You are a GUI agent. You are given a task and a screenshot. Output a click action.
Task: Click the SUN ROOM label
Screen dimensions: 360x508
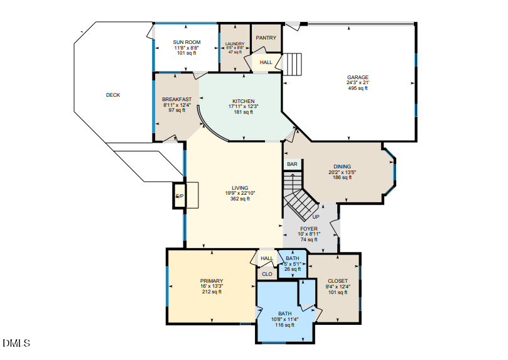point(186,42)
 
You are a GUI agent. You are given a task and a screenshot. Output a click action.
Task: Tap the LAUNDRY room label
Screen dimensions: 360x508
point(234,43)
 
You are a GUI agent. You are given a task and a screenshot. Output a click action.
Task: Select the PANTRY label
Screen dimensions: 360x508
point(266,38)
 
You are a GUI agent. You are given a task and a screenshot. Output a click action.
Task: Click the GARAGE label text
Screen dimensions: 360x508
point(357,77)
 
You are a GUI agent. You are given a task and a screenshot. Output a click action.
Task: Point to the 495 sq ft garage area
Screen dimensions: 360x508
point(357,88)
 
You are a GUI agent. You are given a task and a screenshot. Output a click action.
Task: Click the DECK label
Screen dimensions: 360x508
point(112,95)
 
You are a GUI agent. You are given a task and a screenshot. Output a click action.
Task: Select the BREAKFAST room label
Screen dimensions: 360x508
point(176,99)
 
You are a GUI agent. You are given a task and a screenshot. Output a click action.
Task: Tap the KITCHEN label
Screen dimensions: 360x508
point(244,101)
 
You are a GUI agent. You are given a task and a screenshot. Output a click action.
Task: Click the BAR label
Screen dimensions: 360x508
point(292,164)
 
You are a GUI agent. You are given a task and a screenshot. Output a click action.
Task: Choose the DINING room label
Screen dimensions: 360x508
point(342,166)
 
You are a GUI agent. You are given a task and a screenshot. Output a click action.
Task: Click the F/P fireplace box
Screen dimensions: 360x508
point(179,196)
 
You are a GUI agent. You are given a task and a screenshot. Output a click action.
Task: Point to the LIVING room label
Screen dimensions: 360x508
point(240,188)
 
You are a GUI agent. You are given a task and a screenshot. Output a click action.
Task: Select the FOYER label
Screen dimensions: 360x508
point(309,229)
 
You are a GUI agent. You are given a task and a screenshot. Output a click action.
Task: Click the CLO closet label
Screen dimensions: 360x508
point(266,273)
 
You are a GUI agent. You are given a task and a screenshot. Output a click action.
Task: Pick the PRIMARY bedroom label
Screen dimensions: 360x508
point(212,281)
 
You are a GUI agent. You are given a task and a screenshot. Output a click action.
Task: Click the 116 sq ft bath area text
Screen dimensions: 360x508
point(284,325)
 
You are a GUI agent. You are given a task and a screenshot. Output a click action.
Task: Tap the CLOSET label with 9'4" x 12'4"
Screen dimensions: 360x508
point(338,281)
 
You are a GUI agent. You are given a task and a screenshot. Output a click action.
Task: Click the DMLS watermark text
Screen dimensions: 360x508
point(16,343)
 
